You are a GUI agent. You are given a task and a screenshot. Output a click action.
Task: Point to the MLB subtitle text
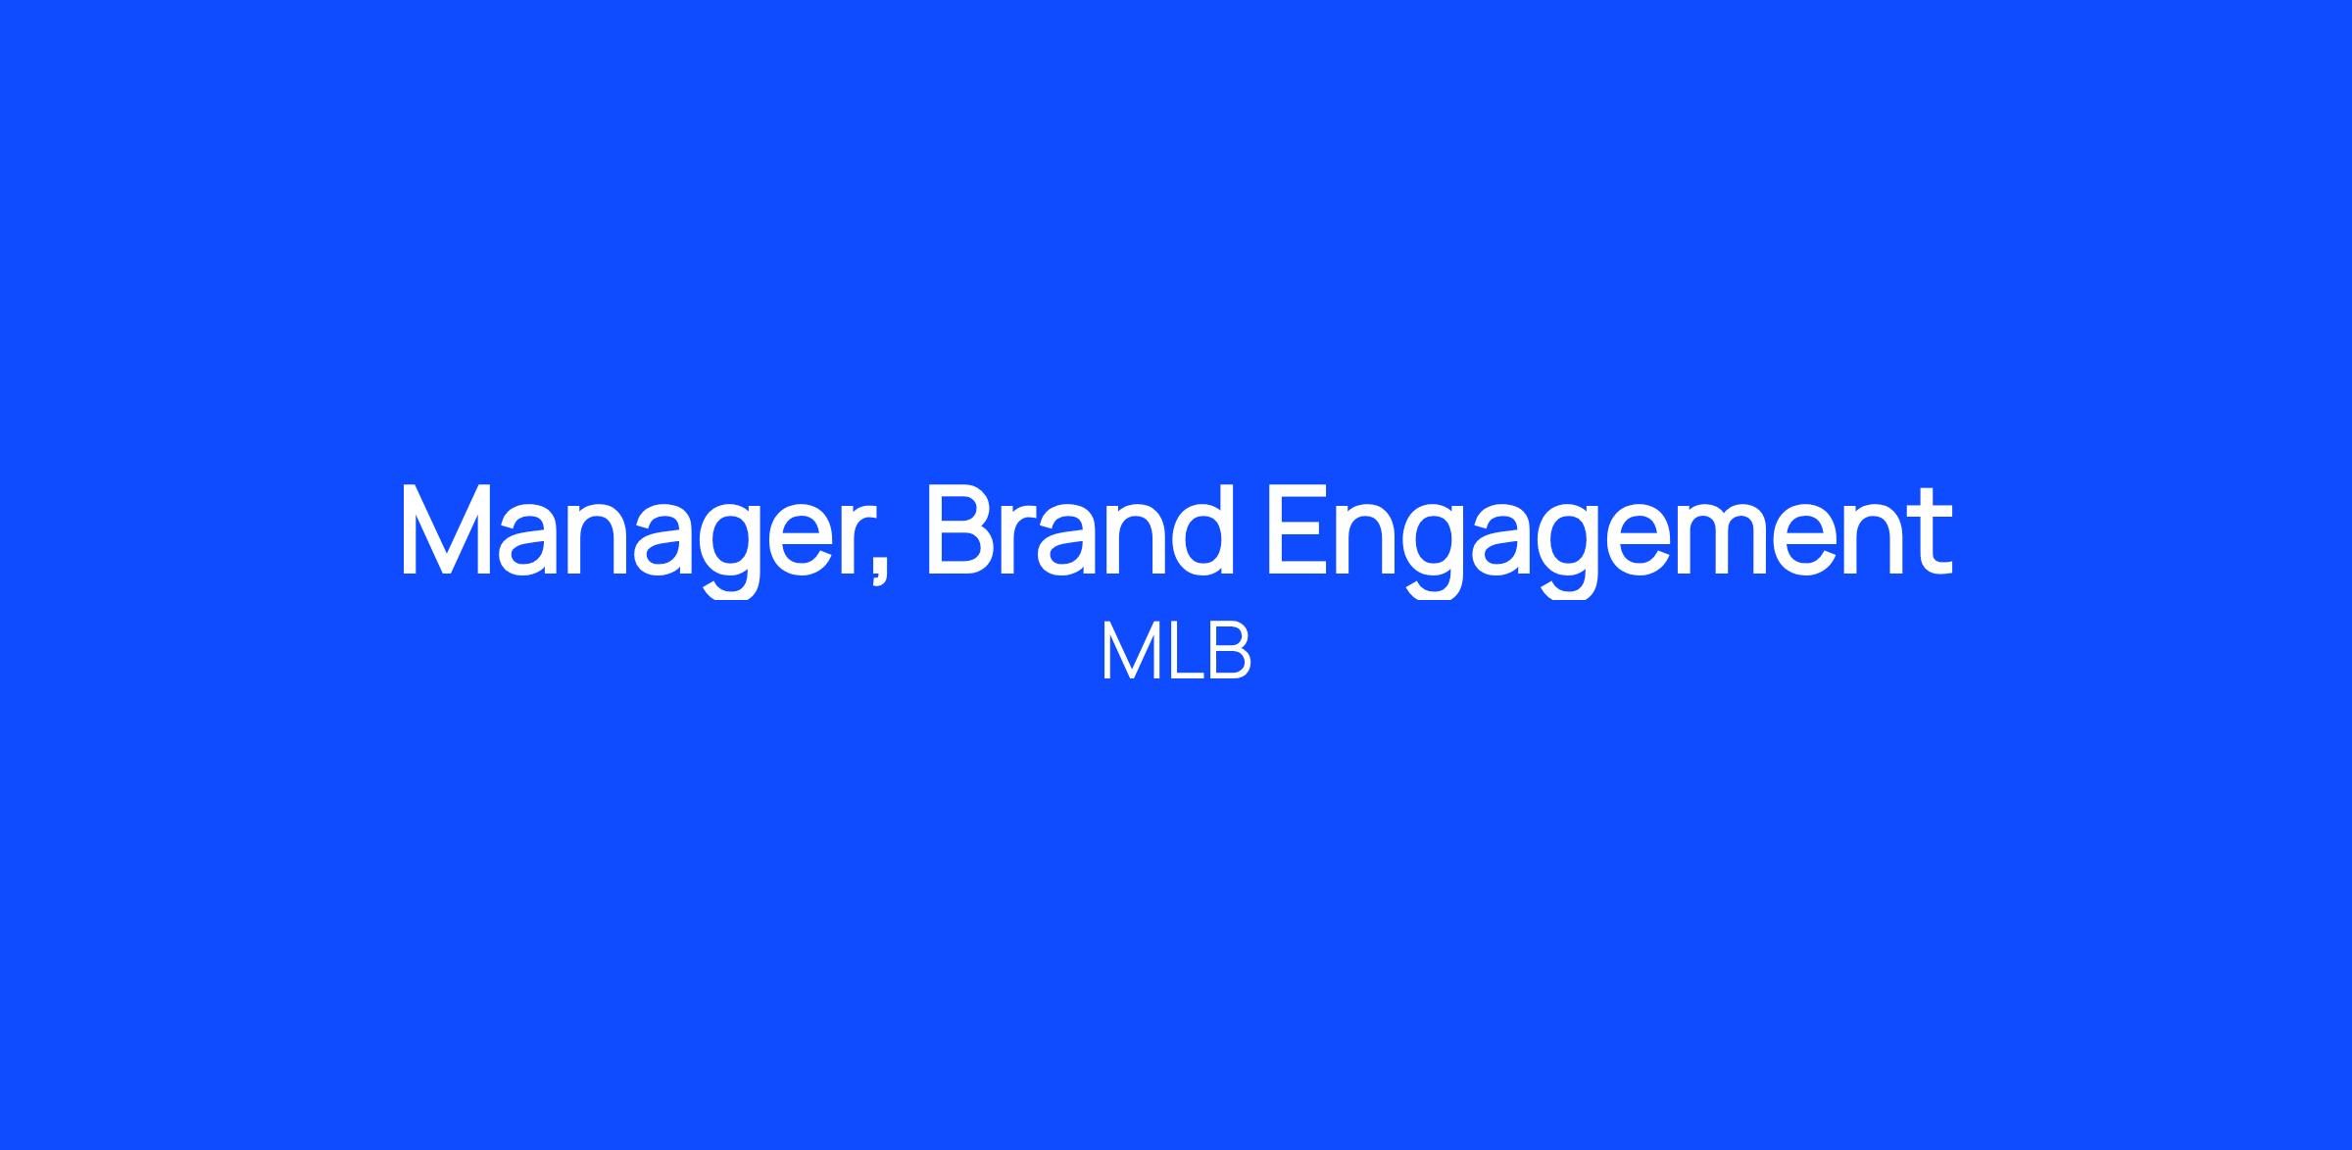click(1176, 651)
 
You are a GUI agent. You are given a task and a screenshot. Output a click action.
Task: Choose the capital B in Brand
click(962, 529)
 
